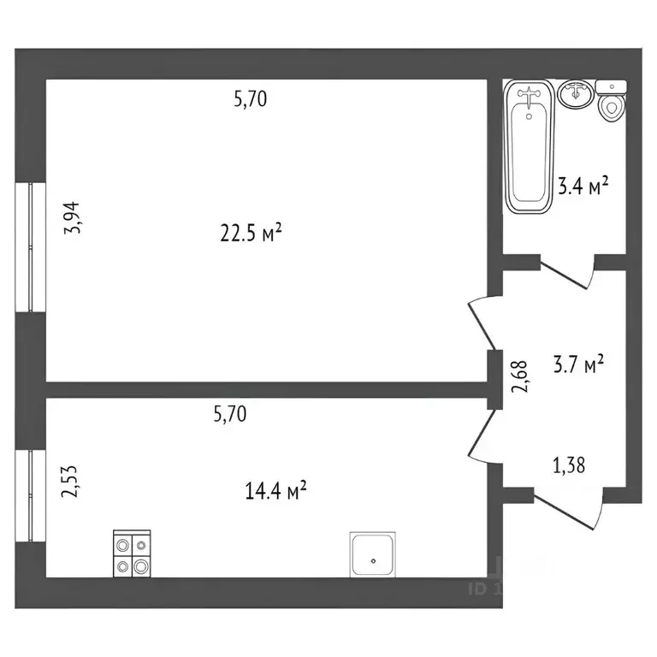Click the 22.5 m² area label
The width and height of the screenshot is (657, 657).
click(x=251, y=233)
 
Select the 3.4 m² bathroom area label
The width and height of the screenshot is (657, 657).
click(x=583, y=186)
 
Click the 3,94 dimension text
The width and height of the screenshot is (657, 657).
click(x=75, y=217)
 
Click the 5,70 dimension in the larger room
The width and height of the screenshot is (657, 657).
click(x=251, y=99)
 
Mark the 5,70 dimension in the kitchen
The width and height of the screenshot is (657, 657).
click(x=229, y=415)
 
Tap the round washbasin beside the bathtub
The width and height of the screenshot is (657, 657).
click(x=576, y=93)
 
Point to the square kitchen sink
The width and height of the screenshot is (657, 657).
click(x=374, y=554)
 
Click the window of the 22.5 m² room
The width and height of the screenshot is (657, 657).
click(x=31, y=246)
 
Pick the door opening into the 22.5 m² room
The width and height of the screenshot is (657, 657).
click(x=480, y=321)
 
